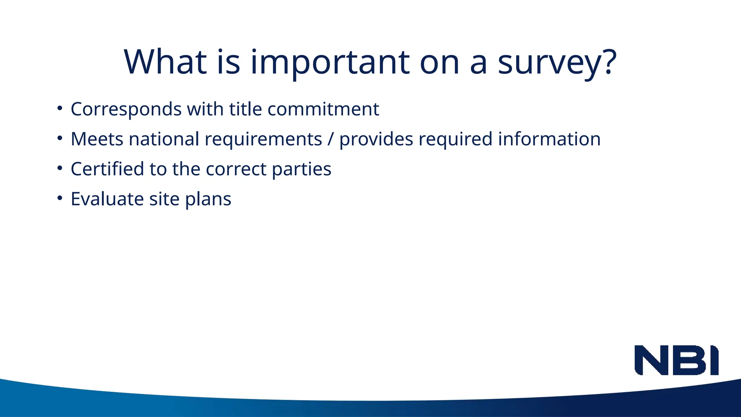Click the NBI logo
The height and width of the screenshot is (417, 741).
click(676, 360)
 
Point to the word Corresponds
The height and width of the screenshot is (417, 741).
click(126, 109)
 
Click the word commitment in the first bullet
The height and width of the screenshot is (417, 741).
click(323, 109)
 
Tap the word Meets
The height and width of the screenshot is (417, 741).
click(97, 139)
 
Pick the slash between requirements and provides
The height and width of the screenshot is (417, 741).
click(330, 139)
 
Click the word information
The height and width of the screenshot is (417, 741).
click(549, 139)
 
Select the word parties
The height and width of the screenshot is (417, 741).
click(301, 170)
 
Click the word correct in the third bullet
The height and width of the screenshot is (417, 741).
click(236, 169)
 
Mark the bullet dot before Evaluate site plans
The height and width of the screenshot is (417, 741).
click(60, 198)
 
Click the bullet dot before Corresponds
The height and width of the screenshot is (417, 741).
click(60, 108)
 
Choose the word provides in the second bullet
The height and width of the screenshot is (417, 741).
click(376, 139)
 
